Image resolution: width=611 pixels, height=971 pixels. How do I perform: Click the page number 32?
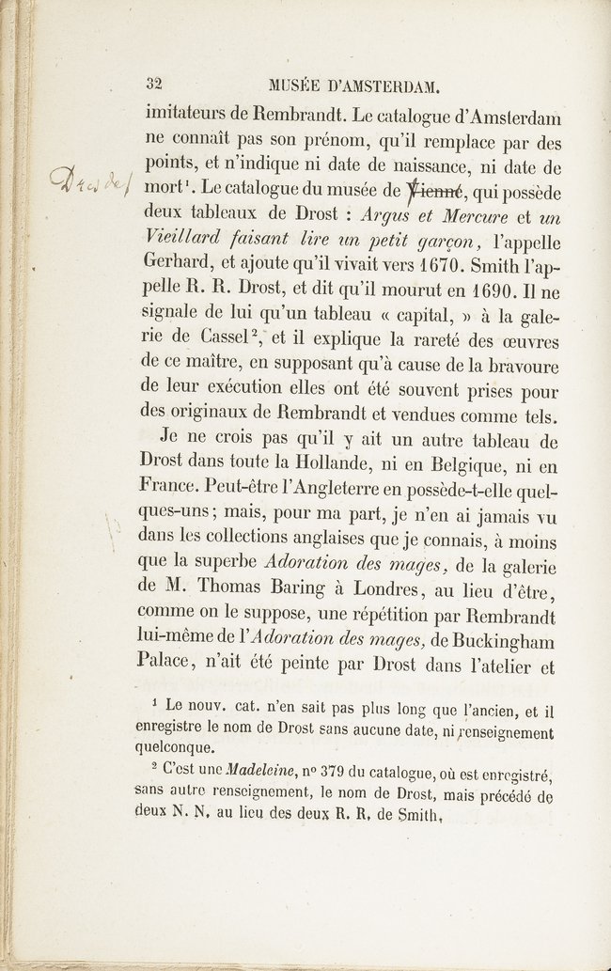[x=155, y=84]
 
